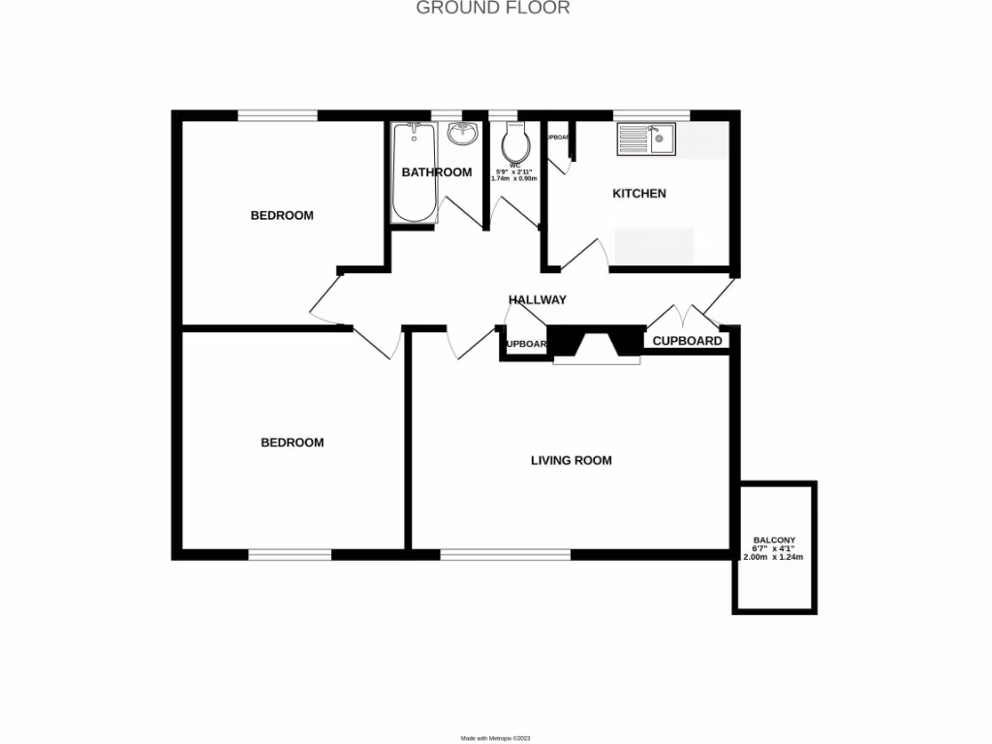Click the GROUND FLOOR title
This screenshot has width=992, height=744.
(493, 9)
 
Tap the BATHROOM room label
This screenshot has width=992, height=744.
(437, 172)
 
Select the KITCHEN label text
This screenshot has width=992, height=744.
(639, 194)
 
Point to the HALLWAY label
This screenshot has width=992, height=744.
(538, 300)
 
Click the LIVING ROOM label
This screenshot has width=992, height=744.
(572, 460)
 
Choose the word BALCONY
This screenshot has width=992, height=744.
(775, 540)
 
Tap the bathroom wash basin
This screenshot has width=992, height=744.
(463, 135)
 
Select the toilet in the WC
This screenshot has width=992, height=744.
(514, 144)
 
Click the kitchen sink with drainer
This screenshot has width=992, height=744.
(646, 140)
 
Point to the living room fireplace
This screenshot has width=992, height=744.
(596, 346)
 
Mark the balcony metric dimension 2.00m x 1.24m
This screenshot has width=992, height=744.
(774, 558)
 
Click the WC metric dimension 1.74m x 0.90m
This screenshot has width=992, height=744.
(514, 179)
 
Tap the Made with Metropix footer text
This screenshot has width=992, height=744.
(495, 738)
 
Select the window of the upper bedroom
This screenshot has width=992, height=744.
(278, 115)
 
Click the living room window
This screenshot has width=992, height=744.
(505, 555)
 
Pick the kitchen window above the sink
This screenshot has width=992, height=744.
(652, 115)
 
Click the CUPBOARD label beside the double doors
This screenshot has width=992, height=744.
(687, 341)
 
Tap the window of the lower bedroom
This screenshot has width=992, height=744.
(290, 555)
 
